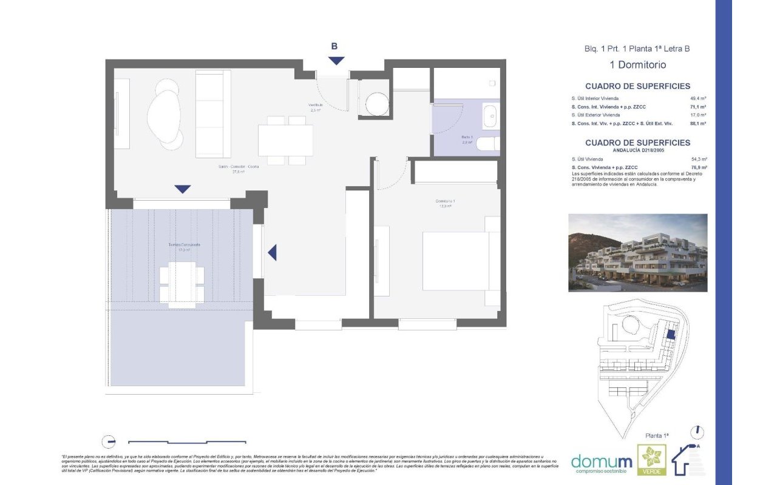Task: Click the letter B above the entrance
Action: click(334, 46)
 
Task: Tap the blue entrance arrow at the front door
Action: click(336, 61)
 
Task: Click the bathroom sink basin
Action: click(489, 116)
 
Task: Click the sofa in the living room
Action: click(213, 113)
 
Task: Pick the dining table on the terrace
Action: click(182, 284)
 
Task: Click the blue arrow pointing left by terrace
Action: click(272, 252)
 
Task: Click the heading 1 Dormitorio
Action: click(637, 65)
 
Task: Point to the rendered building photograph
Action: click(637, 252)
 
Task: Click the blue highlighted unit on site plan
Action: click(671, 333)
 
